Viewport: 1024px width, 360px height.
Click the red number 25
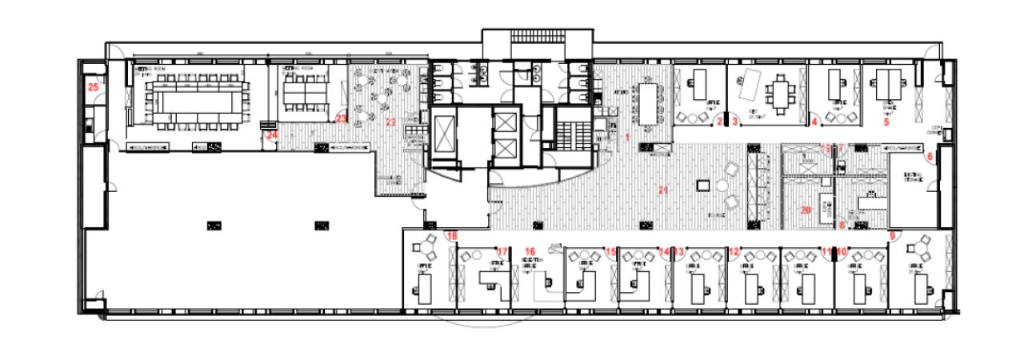[x=93, y=86]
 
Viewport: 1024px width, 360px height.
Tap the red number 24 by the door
[x=272, y=136]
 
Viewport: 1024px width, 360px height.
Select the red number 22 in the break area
[x=390, y=122]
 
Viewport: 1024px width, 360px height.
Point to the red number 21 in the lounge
[x=662, y=190]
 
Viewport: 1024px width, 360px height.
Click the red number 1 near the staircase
[x=628, y=138]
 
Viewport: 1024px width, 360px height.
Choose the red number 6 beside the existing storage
[x=930, y=157]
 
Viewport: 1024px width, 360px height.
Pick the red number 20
[x=806, y=210]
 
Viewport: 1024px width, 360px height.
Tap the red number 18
[x=453, y=236]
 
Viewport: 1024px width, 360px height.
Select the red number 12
[x=734, y=251]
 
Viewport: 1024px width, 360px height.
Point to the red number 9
[x=892, y=236]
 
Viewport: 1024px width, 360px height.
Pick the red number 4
[x=814, y=122]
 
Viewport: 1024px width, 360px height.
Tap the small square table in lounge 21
[x=704, y=186]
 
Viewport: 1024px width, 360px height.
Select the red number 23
[x=342, y=119]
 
